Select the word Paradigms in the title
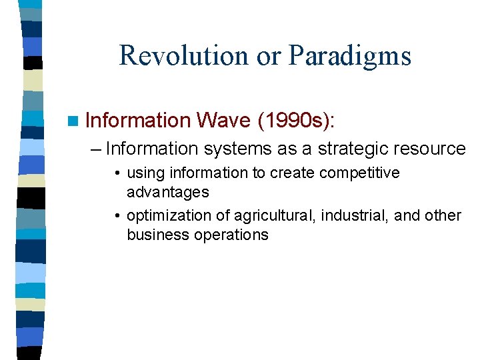click(349, 57)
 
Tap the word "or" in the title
click(269, 57)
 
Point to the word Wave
click(224, 121)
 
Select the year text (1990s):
click(297, 121)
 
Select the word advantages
click(167, 193)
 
